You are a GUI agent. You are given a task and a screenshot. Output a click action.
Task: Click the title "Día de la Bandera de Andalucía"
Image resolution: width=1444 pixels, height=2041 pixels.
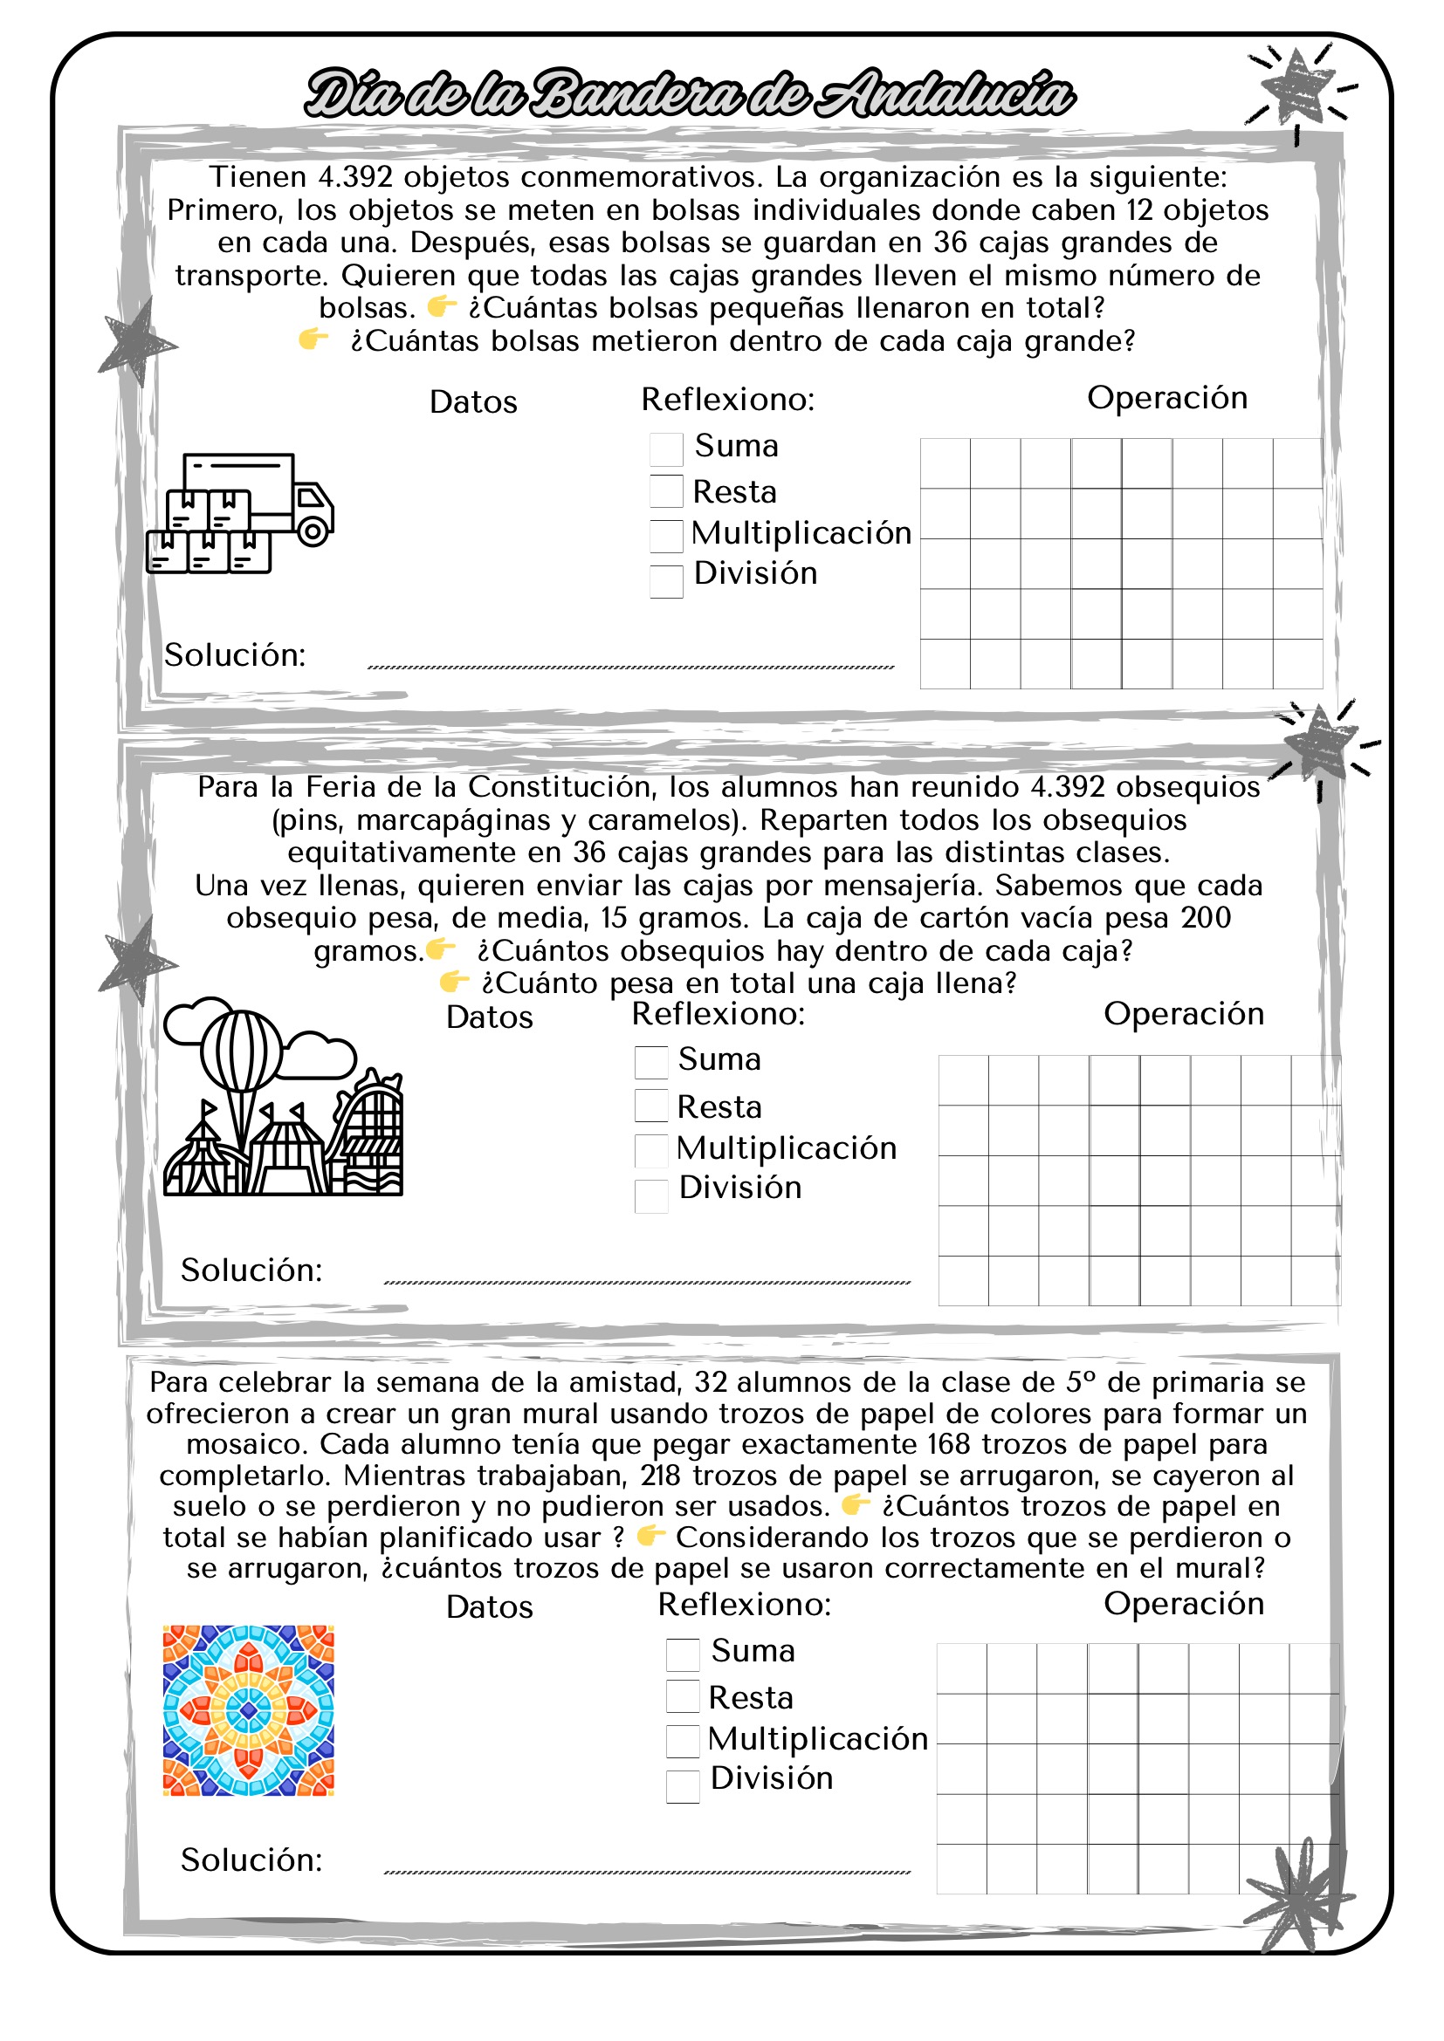pos(689,93)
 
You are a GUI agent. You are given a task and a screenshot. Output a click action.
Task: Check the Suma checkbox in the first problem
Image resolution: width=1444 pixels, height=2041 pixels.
pos(666,449)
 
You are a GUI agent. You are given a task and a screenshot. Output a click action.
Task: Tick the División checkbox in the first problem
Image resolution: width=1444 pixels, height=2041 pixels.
pos(666,581)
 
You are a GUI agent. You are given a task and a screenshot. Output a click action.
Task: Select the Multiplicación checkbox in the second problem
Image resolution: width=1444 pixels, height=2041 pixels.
pos(651,1150)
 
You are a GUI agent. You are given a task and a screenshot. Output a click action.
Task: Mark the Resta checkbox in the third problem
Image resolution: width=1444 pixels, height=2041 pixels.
pos(683,1696)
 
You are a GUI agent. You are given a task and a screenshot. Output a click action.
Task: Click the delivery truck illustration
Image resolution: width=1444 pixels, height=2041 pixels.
pos(240,513)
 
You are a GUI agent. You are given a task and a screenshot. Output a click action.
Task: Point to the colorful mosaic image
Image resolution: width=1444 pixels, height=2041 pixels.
pos(248,1710)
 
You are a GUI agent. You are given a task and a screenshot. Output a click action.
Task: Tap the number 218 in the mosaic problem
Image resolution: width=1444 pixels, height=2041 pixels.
pos(660,1476)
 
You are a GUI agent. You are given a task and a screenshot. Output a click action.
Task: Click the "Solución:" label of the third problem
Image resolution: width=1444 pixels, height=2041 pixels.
pos(251,1860)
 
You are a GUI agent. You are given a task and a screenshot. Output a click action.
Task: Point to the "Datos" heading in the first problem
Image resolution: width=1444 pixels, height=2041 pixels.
pos(473,401)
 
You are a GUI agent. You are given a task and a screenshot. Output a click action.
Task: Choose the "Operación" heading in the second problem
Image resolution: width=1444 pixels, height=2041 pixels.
pos(1184,1013)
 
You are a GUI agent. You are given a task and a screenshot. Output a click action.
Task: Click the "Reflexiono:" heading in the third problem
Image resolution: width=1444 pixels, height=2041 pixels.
pos(744,1605)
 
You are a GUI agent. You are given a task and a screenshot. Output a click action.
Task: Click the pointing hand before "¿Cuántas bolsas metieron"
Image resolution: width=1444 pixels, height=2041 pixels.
pos(313,339)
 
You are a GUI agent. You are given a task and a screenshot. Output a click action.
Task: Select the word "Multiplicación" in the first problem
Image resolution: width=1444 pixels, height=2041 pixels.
pos(801,532)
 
